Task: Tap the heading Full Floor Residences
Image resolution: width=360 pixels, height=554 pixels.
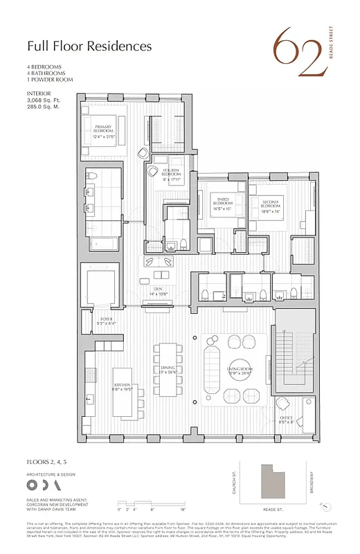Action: [x=89, y=47]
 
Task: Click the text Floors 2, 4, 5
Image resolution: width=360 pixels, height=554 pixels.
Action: [x=49, y=460]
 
